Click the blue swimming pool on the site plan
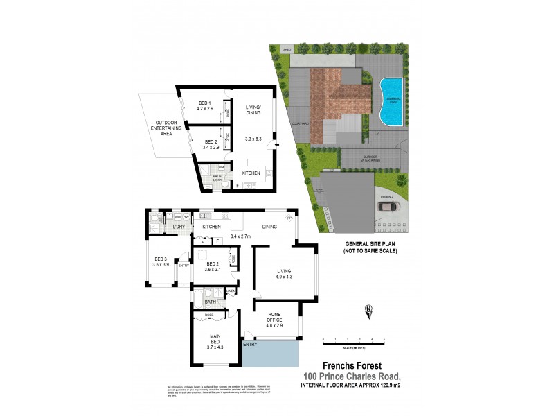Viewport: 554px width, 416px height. (392, 102)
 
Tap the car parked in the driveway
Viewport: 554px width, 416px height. (385, 206)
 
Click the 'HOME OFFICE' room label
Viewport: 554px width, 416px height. (276, 322)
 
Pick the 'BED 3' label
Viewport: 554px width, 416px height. (160, 261)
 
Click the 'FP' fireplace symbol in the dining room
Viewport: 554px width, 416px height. (290, 218)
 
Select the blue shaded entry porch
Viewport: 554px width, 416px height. (270, 356)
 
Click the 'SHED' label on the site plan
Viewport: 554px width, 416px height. (286, 50)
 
